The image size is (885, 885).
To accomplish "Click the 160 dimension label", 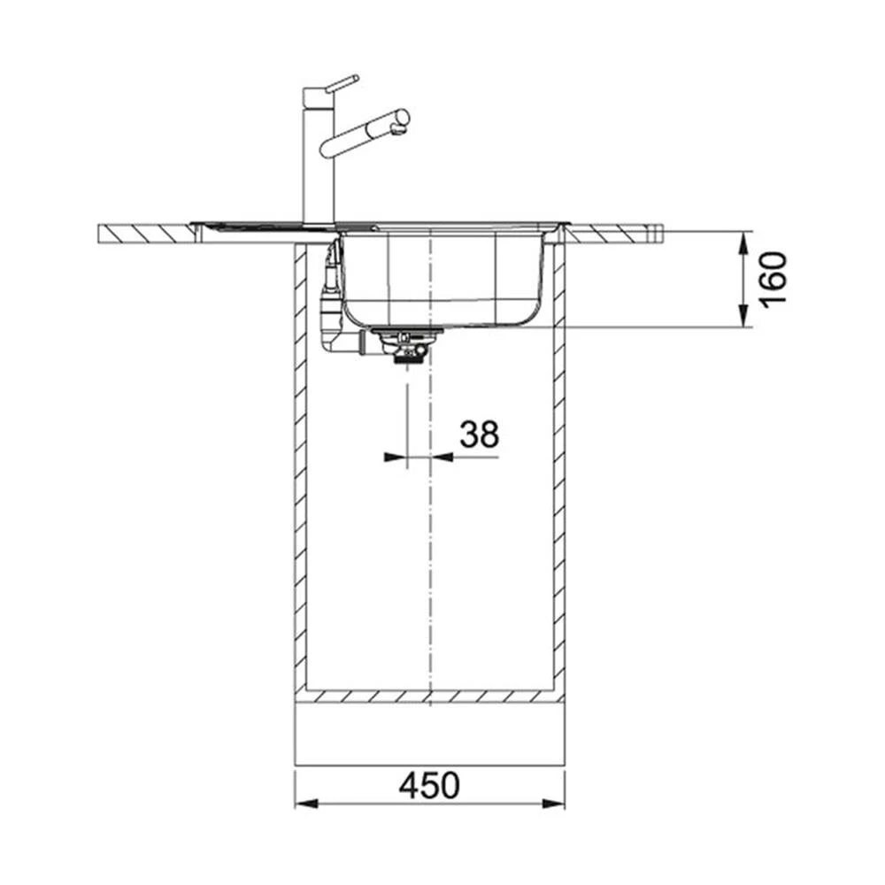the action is pyautogui.click(x=773, y=280).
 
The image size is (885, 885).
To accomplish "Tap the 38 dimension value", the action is pyautogui.click(x=479, y=434).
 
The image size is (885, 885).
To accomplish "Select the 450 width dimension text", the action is pyautogui.click(x=429, y=786).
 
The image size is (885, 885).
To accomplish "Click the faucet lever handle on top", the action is pyautogui.click(x=342, y=82).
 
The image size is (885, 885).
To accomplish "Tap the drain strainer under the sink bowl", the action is pyautogui.click(x=405, y=344).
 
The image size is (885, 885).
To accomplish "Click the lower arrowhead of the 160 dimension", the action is pyautogui.click(x=744, y=315).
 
